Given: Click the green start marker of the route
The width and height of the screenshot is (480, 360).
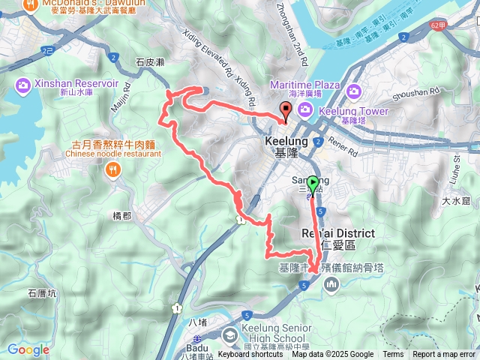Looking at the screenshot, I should (312, 181).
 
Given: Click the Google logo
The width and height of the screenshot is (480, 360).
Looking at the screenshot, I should (28, 349).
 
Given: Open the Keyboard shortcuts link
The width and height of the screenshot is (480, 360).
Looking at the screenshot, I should (250, 355).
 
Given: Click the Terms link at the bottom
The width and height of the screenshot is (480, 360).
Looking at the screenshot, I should (393, 355).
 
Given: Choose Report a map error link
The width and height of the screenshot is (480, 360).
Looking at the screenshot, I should (445, 355).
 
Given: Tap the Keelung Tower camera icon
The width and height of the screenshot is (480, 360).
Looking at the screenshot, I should (306, 111).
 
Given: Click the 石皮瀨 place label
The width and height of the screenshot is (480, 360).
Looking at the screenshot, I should (149, 63).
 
